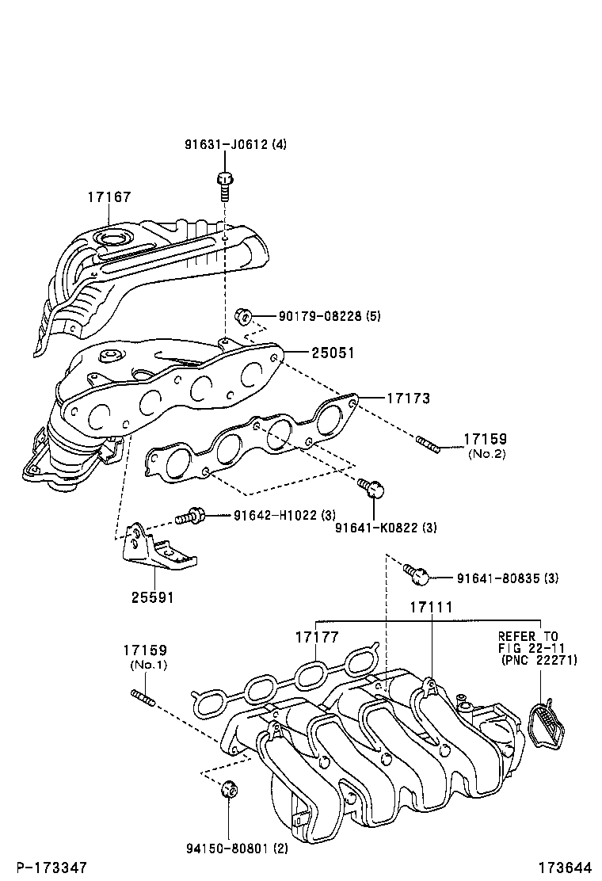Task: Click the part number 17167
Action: [x=109, y=197]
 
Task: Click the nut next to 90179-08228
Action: [x=244, y=317]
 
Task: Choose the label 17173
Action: [x=408, y=399]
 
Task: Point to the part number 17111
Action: [x=431, y=607]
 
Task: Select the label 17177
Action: [x=317, y=637]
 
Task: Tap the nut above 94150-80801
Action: [x=228, y=790]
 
